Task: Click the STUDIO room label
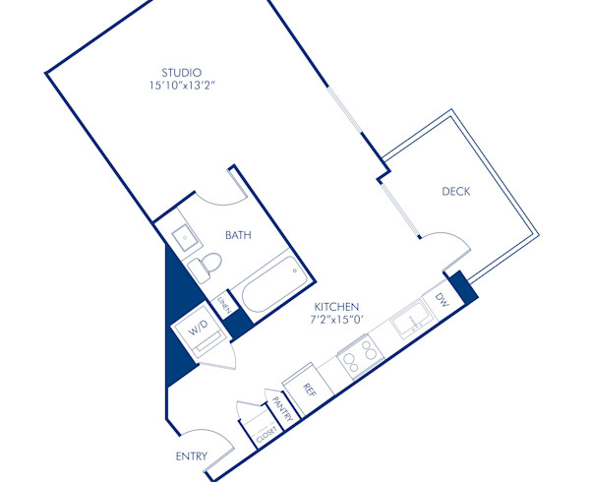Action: (182, 72)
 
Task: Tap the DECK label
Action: (455, 192)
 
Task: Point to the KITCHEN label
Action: (337, 307)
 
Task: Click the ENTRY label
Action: (191, 456)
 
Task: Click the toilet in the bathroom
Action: (206, 265)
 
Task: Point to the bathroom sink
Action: (184, 236)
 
